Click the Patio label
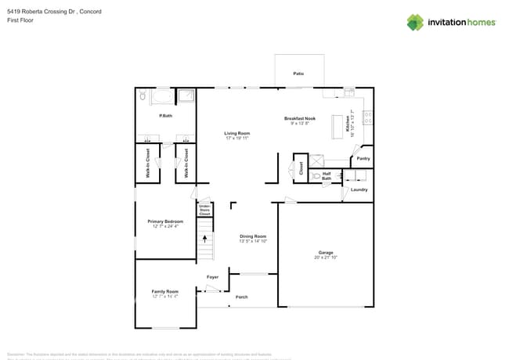click(x=298, y=74)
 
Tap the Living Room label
click(x=237, y=133)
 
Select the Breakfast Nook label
click(x=299, y=118)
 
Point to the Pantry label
click(x=363, y=158)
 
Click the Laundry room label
click(x=359, y=189)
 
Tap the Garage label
click(x=325, y=252)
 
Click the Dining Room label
click(x=253, y=236)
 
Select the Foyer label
click(x=212, y=277)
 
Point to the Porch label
click(x=241, y=297)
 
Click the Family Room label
click(x=165, y=291)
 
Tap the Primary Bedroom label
click(x=165, y=221)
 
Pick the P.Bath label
click(x=165, y=116)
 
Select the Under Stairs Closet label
click(x=204, y=211)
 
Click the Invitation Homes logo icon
click(x=415, y=22)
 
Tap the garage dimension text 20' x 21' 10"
click(x=325, y=257)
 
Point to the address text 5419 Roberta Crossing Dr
click(x=42, y=12)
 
